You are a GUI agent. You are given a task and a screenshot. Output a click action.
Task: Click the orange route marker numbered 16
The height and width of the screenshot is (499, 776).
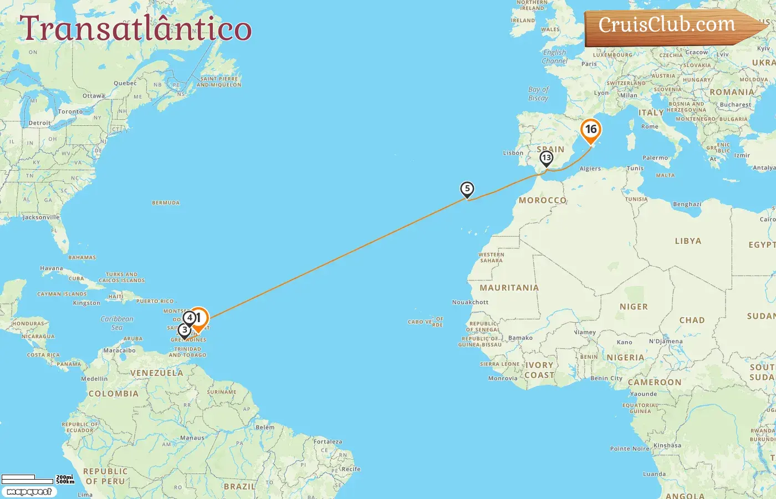(x=591, y=130)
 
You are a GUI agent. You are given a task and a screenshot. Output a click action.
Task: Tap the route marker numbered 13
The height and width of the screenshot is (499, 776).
(x=547, y=158)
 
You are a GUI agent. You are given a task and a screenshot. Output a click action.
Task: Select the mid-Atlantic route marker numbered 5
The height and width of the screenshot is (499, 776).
(x=467, y=190)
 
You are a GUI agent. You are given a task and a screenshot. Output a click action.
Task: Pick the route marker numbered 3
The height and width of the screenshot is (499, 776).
(x=184, y=330)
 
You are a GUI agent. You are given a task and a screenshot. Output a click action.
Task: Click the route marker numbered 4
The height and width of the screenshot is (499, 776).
(x=190, y=318)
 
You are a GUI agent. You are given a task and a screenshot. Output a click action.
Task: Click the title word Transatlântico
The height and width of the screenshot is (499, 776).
(x=136, y=29)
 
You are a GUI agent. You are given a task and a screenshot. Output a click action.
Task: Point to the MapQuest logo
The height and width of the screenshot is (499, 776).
(x=29, y=492)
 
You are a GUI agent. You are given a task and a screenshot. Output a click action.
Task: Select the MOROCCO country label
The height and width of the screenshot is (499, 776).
(x=543, y=200)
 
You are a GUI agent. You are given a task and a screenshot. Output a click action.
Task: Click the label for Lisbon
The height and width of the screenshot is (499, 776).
(x=513, y=153)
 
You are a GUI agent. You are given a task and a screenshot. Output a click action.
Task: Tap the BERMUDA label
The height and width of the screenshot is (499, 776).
(x=166, y=203)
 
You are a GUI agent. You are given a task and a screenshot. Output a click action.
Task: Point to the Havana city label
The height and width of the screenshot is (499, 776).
(x=52, y=268)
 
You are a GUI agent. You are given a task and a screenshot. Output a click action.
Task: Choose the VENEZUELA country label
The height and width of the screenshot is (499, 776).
(x=156, y=373)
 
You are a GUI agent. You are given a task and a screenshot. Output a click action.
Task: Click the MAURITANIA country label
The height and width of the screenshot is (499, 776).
(x=509, y=288)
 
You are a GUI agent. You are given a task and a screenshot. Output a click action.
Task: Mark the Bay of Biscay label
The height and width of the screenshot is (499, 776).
(x=538, y=93)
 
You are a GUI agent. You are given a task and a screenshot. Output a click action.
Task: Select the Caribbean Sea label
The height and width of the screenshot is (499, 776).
(x=117, y=323)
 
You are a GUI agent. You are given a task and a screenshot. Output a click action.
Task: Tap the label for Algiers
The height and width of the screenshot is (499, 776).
(x=590, y=169)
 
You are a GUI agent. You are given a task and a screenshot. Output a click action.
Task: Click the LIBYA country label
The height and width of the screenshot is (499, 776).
(x=688, y=241)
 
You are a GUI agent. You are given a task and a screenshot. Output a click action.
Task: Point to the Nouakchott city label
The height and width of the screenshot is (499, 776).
(x=470, y=302)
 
